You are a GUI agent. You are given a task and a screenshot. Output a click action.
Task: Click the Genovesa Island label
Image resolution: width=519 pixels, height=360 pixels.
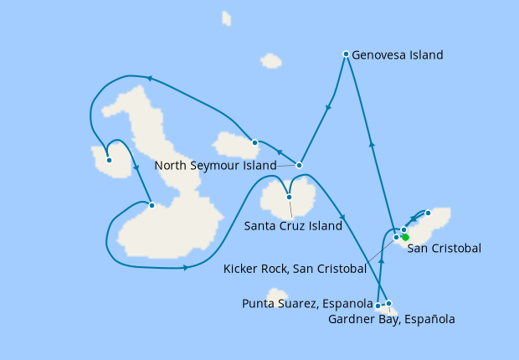(x=398, y=55)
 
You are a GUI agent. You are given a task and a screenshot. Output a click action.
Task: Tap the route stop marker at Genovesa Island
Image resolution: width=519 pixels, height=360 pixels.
(x=346, y=54)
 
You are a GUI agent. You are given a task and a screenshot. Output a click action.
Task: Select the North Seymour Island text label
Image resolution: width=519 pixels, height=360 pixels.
(x=215, y=166)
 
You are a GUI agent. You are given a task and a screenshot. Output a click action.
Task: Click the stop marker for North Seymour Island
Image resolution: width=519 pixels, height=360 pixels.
(x=299, y=164)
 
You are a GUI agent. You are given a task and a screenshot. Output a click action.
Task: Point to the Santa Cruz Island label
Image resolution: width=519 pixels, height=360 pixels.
(x=293, y=225)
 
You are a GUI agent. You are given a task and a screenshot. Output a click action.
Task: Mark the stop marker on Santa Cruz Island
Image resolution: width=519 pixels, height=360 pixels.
(x=289, y=198)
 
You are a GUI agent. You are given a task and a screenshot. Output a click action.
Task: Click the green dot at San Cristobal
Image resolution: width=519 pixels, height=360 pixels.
(x=405, y=238)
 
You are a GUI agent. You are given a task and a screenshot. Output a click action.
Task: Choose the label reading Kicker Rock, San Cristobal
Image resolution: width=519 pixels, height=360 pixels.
(x=295, y=269)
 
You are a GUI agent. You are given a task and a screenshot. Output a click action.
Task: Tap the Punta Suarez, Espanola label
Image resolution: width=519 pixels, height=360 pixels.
(x=306, y=302)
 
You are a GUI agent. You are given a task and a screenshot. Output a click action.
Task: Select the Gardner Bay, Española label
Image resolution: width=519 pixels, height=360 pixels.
(x=404, y=319)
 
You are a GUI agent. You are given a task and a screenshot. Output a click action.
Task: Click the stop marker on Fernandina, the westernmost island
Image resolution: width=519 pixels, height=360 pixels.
(x=109, y=160)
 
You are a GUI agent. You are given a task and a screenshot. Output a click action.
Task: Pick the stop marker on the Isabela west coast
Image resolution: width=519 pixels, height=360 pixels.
(x=151, y=205)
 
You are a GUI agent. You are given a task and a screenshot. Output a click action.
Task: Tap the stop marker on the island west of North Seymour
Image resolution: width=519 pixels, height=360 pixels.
(x=255, y=142)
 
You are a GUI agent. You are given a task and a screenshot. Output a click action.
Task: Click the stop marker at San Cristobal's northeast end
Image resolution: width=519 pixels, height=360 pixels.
(x=428, y=213)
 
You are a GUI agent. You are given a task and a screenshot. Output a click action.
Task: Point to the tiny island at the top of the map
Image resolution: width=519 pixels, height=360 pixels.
(x=227, y=18)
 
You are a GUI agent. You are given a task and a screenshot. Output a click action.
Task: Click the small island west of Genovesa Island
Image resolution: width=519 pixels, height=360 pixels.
(x=270, y=60)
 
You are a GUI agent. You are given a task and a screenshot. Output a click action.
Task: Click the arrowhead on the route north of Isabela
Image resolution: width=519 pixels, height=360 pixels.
(x=149, y=79)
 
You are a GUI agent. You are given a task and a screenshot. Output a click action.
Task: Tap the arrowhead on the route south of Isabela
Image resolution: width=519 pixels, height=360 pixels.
(x=185, y=268)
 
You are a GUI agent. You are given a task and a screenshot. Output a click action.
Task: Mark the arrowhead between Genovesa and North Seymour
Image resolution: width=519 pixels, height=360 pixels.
(x=328, y=107)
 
